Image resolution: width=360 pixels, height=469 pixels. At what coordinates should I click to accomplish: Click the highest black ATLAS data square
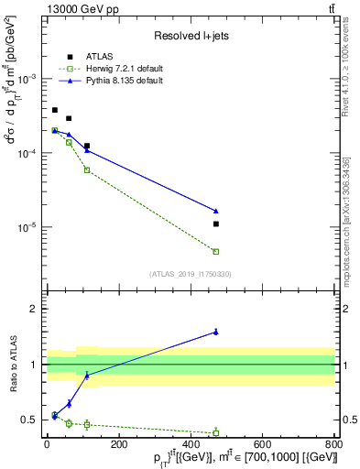(x=55, y=110)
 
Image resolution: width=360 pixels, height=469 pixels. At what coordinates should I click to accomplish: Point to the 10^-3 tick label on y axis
(x=28, y=80)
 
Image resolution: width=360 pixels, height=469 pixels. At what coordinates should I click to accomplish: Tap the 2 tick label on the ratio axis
(x=33, y=309)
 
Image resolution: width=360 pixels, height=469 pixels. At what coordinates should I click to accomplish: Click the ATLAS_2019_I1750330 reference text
(x=190, y=274)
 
